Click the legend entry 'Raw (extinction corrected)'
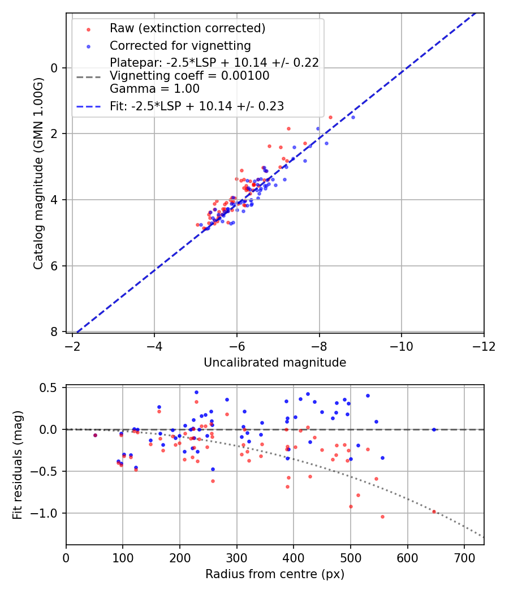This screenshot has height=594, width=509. click(x=187, y=28)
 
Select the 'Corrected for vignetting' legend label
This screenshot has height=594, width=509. click(x=180, y=45)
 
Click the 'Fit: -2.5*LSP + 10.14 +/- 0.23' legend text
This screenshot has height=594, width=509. click(x=197, y=106)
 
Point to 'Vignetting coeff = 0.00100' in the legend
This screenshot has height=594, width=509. click(x=189, y=76)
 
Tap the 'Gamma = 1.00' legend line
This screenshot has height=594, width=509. click(x=154, y=89)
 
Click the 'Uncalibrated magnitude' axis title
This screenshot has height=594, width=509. click(x=275, y=363)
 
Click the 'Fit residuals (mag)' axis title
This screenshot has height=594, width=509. click(x=18, y=465)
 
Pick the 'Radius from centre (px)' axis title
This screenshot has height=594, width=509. click(x=275, y=574)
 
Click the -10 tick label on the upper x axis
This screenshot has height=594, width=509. click(x=401, y=346)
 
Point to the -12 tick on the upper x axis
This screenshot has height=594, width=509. click(x=484, y=346)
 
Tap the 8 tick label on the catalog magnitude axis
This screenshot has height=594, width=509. click(x=55, y=332)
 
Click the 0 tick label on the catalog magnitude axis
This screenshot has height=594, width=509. click(x=55, y=68)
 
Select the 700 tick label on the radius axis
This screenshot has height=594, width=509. click(x=464, y=558)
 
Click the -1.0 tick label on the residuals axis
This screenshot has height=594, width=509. click(x=47, y=513)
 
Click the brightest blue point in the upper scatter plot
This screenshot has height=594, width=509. click(x=353, y=117)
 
